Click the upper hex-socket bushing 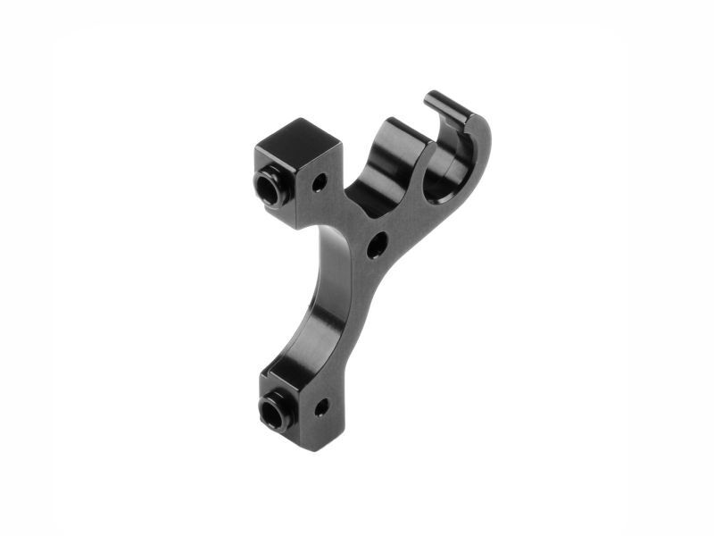pos(268,188)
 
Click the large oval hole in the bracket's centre pos(378,244)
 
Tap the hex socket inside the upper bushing pos(266,188)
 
